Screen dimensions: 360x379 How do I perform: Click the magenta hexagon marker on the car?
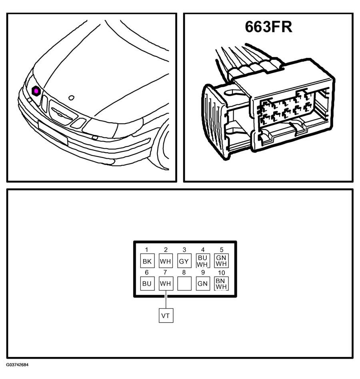tap(36, 91)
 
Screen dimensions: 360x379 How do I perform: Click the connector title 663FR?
tap(268, 27)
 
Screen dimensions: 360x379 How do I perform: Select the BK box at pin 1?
tap(147, 261)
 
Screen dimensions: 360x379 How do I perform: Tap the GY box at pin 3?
tap(184, 261)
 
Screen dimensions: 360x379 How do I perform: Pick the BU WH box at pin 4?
tap(203, 261)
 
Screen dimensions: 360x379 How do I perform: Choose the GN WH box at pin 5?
tap(222, 261)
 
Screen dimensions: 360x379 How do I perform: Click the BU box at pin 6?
tap(147, 283)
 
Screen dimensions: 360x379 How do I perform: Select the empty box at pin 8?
tap(184, 283)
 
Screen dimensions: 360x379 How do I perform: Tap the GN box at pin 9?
tap(203, 283)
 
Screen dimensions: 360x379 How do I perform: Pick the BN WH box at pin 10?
tap(222, 283)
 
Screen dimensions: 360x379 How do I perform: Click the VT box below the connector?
tap(166, 315)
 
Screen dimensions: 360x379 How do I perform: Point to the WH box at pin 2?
tap(166, 261)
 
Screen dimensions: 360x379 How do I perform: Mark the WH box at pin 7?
tap(166, 283)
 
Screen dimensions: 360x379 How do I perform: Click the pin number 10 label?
tap(222, 273)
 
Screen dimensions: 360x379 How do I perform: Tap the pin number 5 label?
tap(222, 250)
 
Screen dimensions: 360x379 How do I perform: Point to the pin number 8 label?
tap(184, 272)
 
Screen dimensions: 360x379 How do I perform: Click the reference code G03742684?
tap(17, 365)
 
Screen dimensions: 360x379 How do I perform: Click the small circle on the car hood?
tap(71, 98)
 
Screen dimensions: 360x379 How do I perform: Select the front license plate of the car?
tap(53, 133)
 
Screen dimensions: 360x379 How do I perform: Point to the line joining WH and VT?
tap(166, 299)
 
